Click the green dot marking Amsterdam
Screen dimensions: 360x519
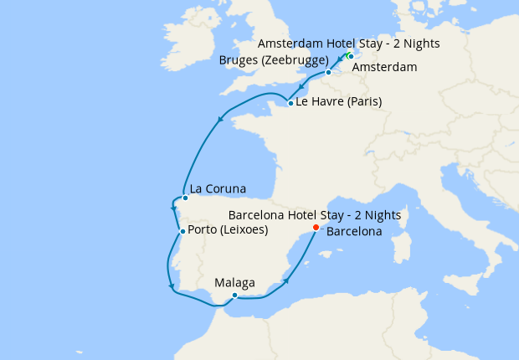point(351,56)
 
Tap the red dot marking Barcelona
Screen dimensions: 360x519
point(315,227)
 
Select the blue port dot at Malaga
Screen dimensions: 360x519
point(235,295)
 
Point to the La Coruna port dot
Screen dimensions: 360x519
point(185,198)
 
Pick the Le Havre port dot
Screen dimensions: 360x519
point(290,104)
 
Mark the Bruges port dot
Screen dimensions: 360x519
point(328,73)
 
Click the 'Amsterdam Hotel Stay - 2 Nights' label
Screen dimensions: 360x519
point(348,43)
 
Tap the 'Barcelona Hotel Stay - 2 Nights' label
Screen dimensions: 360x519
point(314,215)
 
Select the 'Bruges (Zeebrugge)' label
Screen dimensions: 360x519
point(273,60)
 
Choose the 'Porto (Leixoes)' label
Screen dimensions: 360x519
point(229,230)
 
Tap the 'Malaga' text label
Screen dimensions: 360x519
point(234,283)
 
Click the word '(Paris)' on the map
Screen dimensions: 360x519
point(362,102)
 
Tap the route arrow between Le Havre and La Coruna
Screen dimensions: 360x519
point(220,118)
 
